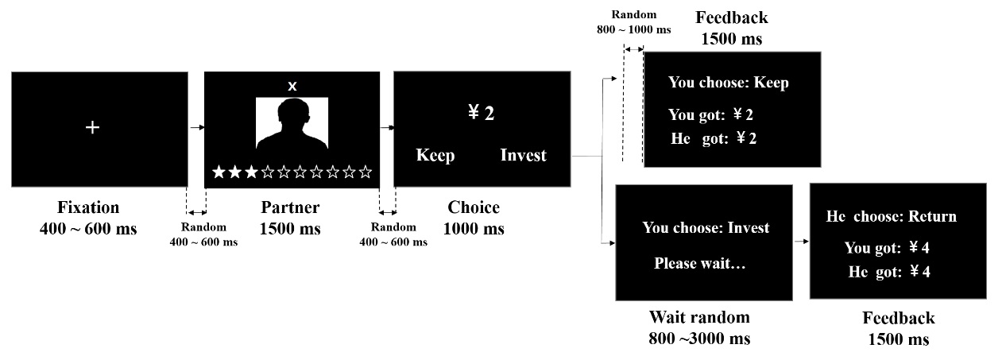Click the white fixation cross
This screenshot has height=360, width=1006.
(x=92, y=127)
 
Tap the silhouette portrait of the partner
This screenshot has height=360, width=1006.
(x=292, y=124)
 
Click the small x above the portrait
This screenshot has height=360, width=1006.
(x=292, y=86)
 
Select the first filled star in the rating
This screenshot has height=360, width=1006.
(x=219, y=172)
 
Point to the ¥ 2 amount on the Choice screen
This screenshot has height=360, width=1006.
(x=482, y=113)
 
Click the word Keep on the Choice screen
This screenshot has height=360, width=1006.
(x=435, y=155)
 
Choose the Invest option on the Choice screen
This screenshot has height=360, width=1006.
(x=524, y=155)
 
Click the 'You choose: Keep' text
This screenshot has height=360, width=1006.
(x=728, y=83)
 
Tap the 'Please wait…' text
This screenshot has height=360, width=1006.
(x=700, y=263)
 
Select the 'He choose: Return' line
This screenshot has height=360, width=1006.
(x=891, y=216)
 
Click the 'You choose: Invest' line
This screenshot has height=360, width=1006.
(x=706, y=228)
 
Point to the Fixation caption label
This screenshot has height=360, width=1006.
(x=88, y=208)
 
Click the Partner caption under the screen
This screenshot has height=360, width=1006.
(x=290, y=208)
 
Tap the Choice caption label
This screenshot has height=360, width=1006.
(x=474, y=208)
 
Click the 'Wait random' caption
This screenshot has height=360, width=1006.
(x=699, y=318)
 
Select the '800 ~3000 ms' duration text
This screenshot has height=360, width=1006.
(x=699, y=339)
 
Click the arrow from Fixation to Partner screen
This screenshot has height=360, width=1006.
(x=196, y=127)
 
